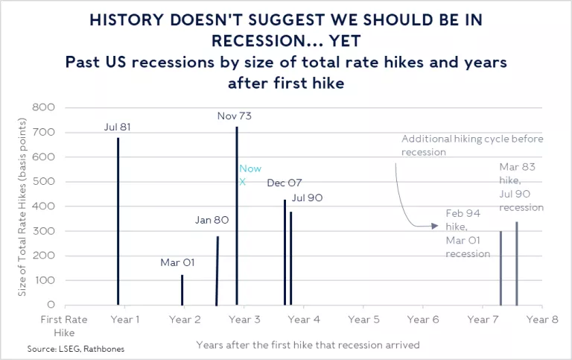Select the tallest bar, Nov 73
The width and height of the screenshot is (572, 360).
click(x=237, y=216)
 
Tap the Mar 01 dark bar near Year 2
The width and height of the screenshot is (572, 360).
click(x=182, y=290)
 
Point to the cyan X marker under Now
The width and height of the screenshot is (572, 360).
click(x=242, y=181)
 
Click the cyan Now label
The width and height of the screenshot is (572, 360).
click(x=250, y=168)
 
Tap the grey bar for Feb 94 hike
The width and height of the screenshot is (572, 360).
click(x=500, y=268)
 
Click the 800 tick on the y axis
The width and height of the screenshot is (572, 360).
click(x=45, y=108)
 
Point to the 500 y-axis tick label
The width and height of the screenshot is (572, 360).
click(x=45, y=182)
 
